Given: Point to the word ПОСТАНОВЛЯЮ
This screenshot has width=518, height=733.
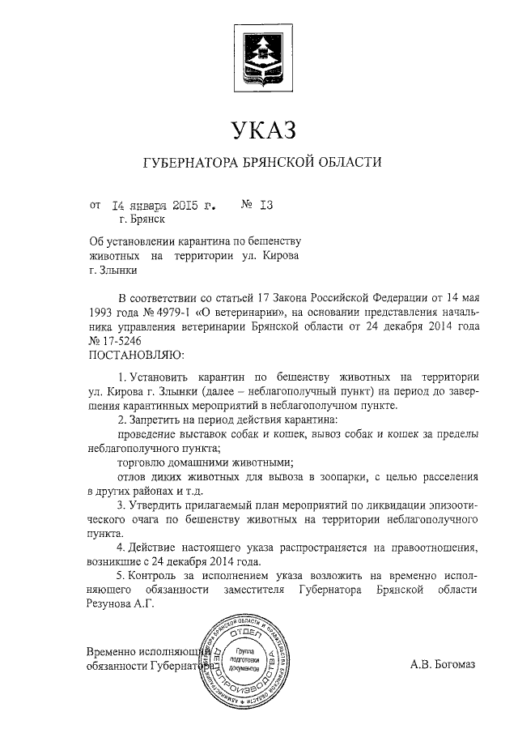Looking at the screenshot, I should [x=135, y=355].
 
